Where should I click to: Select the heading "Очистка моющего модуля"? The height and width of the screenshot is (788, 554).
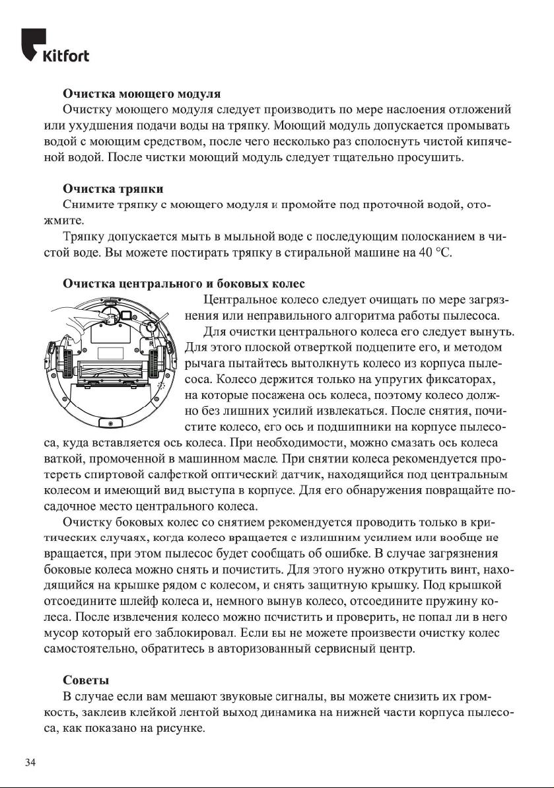pyautogui.click(x=141, y=94)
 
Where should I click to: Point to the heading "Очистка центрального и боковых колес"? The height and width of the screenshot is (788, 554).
pyautogui.click(x=184, y=284)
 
